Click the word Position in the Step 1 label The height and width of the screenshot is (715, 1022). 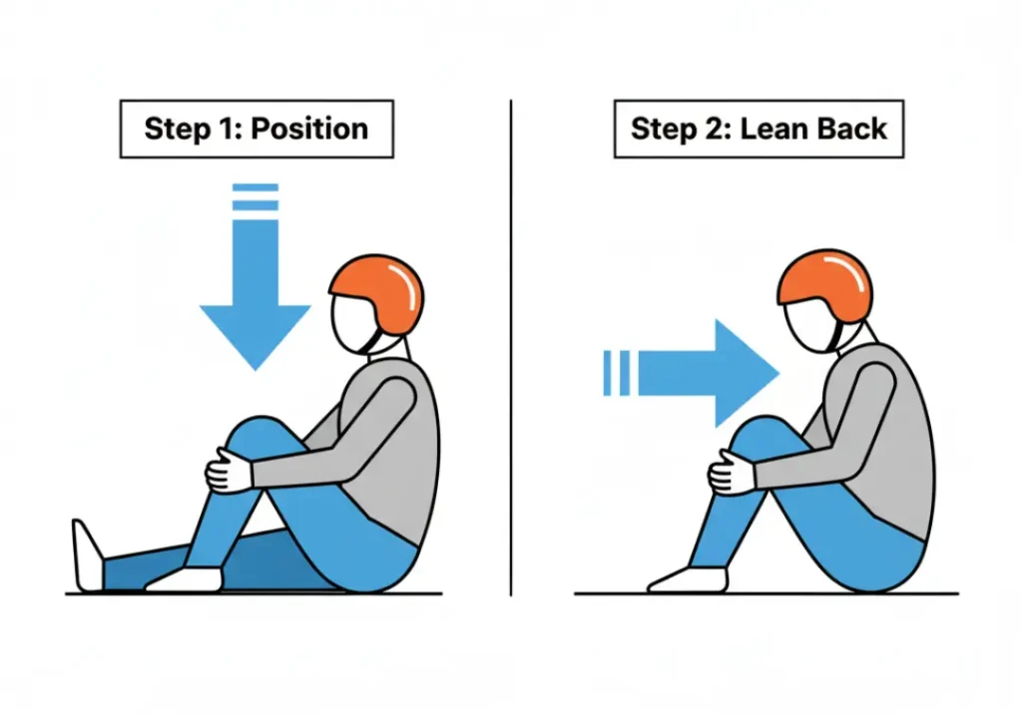(x=311, y=129)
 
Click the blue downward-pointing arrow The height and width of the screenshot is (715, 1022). (x=255, y=299)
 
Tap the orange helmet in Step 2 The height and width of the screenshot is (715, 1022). (x=825, y=278)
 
